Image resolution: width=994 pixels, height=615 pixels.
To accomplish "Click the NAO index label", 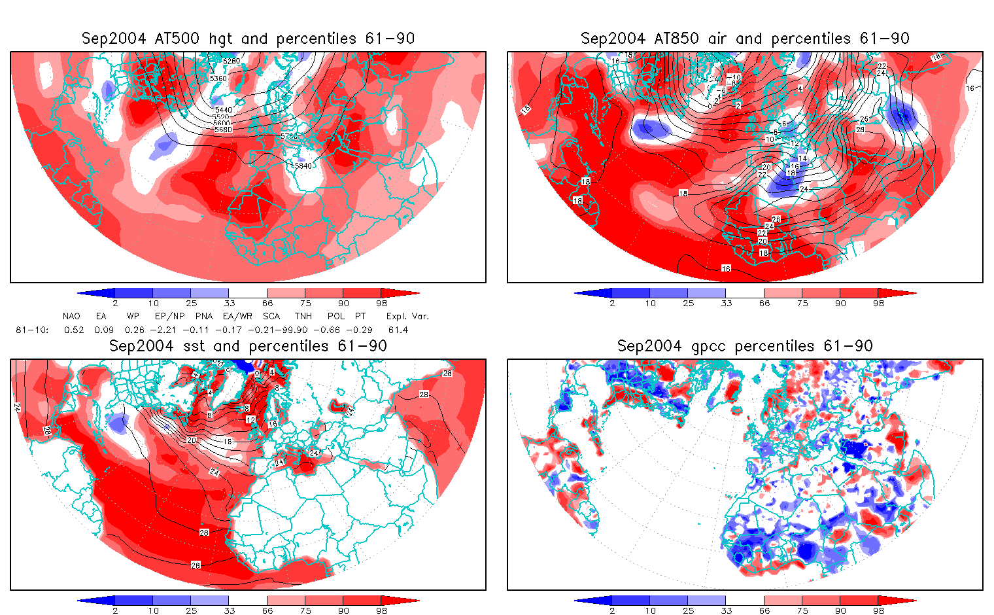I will coord(71,316).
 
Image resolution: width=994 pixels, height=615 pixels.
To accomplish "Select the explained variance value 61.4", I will coord(398,330).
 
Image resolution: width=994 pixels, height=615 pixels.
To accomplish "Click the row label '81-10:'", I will coord(31,330).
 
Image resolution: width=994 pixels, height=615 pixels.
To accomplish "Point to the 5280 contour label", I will coord(231,61).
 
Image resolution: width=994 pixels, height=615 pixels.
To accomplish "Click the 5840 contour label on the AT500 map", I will coord(303,166).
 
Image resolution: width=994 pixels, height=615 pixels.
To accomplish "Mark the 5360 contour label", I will coord(218,79).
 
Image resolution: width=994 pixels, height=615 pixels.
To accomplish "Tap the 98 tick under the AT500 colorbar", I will coord(382,304).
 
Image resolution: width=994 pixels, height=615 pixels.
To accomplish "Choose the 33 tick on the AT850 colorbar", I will coord(726,304).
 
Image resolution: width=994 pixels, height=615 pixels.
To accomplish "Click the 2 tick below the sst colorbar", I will coord(115,610).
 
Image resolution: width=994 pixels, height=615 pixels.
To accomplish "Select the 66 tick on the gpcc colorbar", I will coord(764,610).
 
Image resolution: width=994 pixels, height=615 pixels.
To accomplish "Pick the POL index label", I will coord(336,316).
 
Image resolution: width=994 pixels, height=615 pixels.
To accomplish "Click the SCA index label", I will coord(271,316).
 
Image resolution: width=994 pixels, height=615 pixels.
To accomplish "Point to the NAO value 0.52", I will coord(74,330).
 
